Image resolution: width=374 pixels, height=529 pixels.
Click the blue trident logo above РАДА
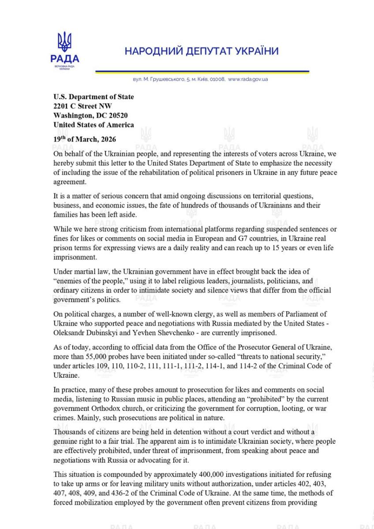(x=64, y=42)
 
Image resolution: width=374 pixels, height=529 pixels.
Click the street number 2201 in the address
(x=62, y=106)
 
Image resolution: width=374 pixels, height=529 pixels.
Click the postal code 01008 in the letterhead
(x=218, y=79)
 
